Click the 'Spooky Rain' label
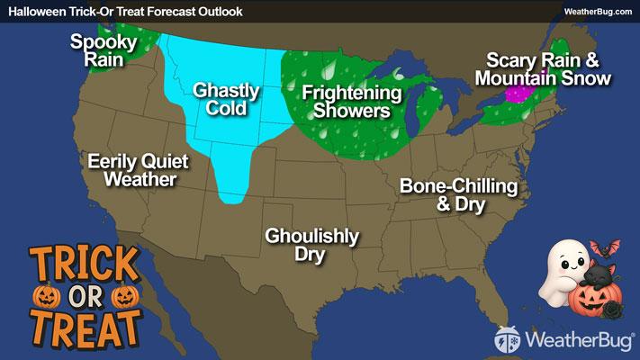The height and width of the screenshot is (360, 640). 104,50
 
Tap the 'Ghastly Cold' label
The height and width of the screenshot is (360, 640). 226,100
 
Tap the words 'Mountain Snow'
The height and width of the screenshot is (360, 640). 548,78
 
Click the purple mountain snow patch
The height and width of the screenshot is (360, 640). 518,94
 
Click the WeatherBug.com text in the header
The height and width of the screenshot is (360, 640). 598,10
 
